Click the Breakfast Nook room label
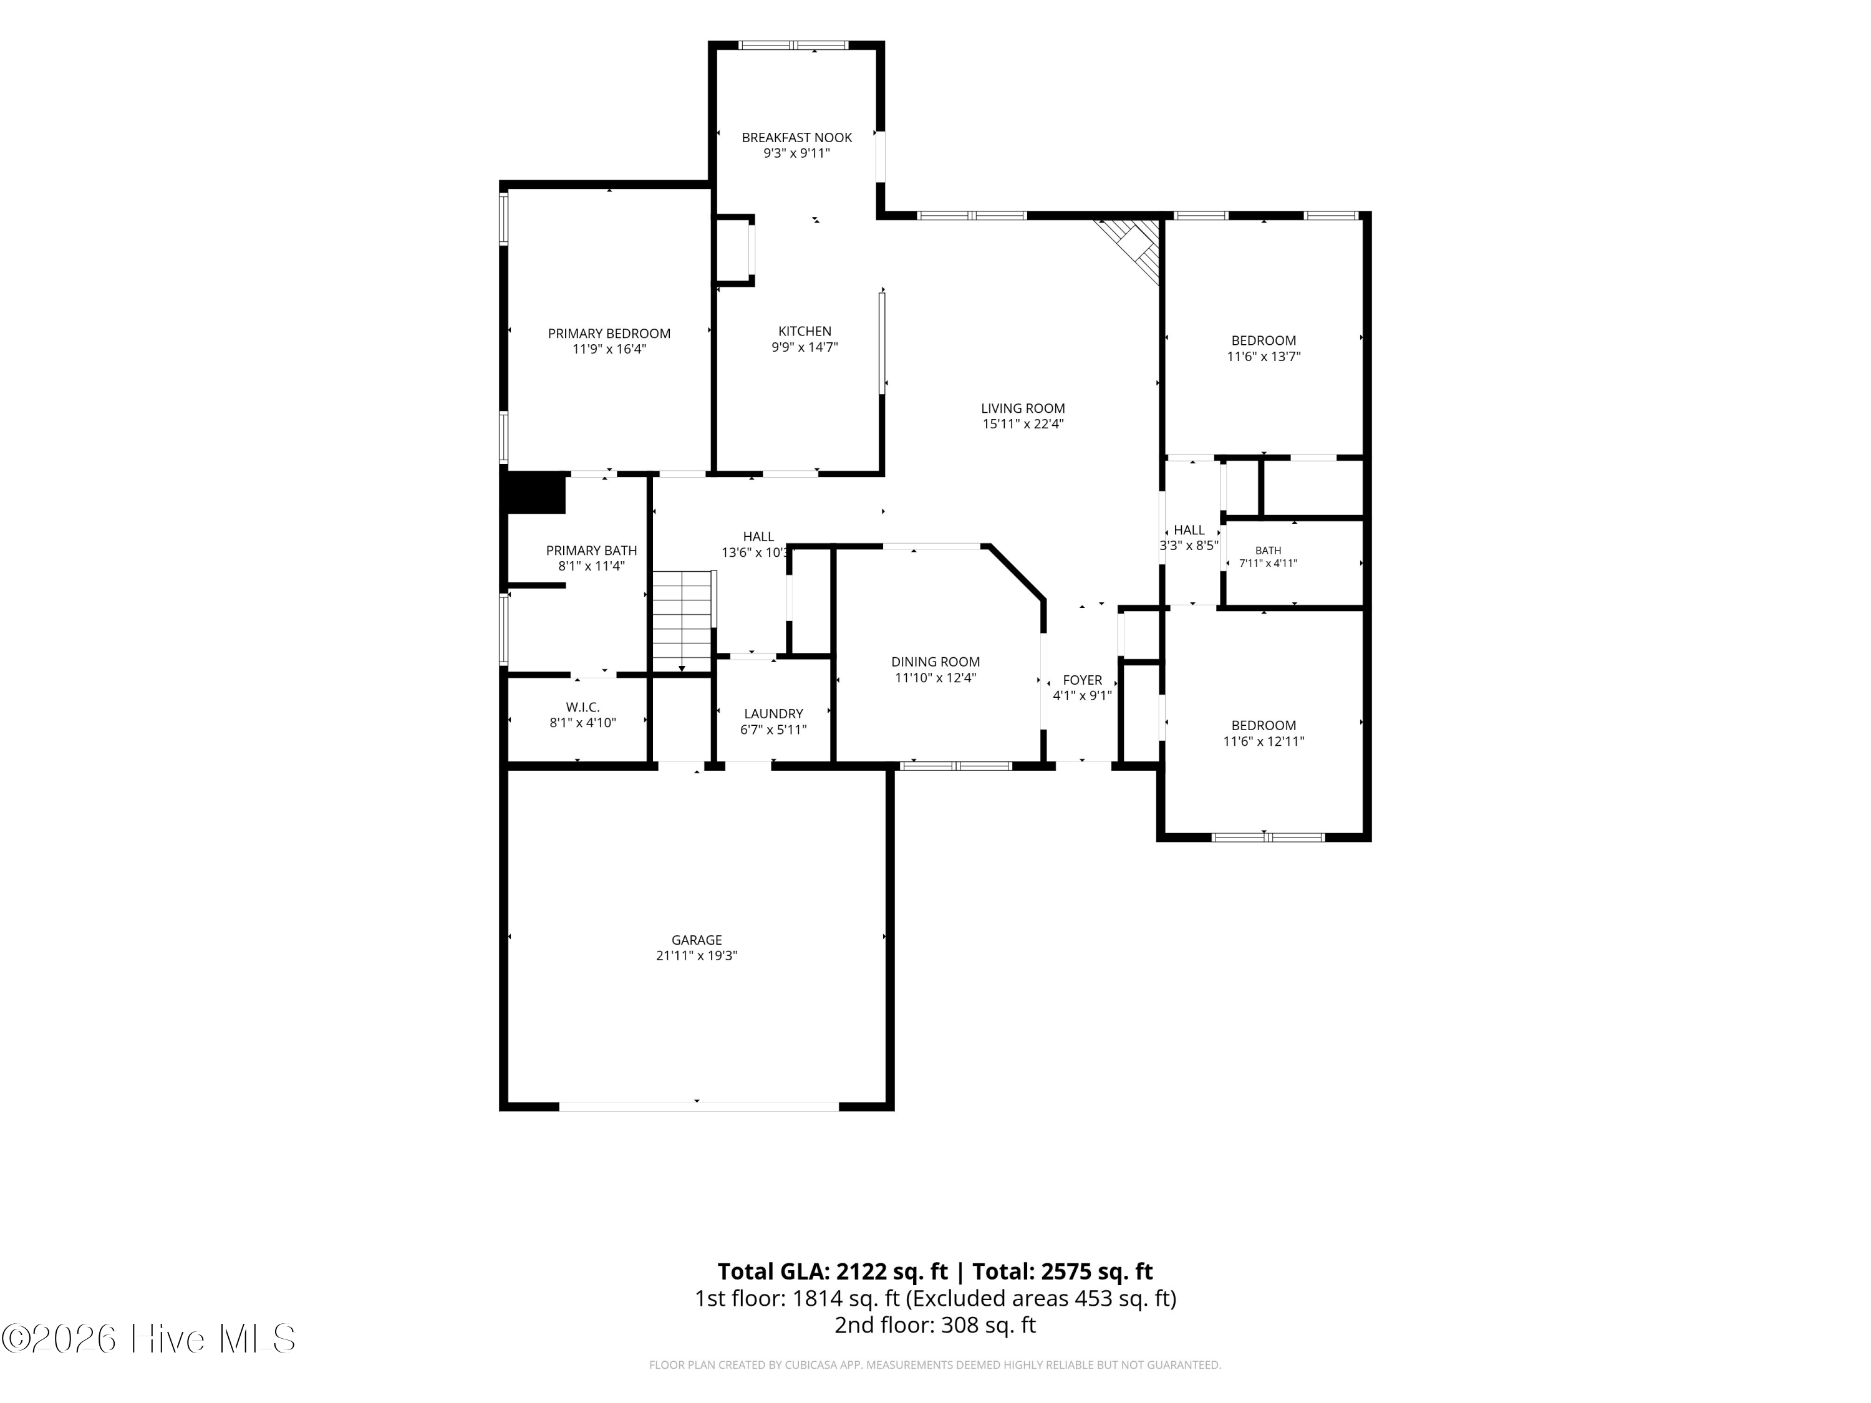point(797,138)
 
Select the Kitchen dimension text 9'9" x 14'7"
point(805,347)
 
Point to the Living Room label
point(1023,408)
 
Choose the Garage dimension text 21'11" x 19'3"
point(697,956)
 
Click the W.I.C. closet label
point(583,707)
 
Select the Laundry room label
point(773,714)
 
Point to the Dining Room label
point(935,662)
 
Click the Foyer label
point(1082,680)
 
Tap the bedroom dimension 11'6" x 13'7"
point(1264,357)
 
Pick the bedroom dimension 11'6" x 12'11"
point(1264,741)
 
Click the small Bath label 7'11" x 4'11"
point(1268,556)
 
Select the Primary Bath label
point(591,551)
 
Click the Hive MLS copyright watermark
point(149,1339)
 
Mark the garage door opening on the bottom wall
point(699,1106)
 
